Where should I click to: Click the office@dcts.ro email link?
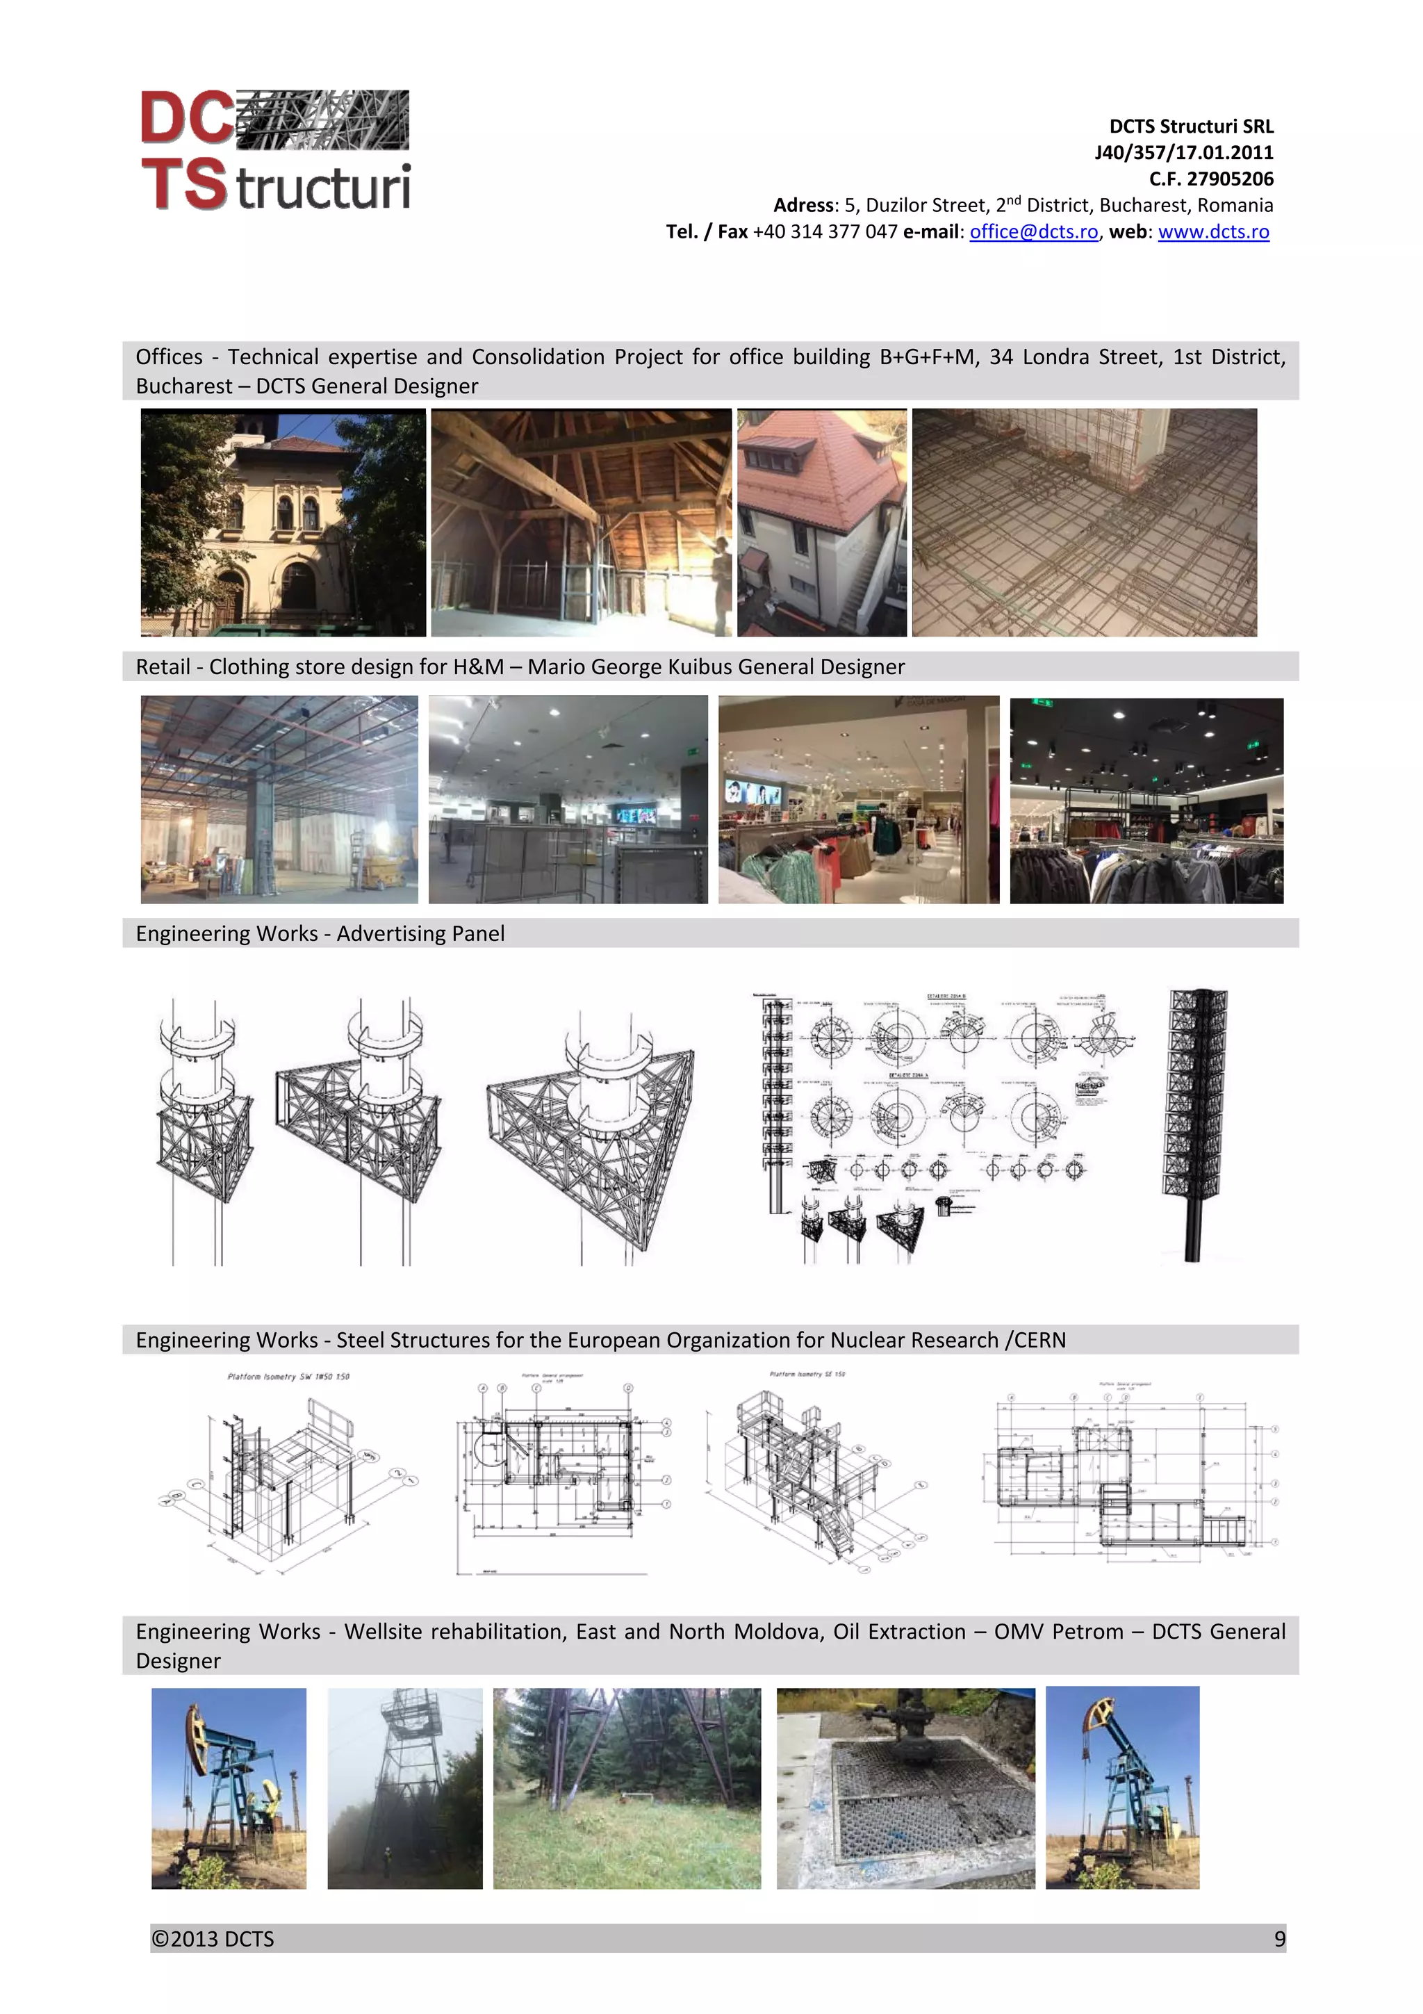[1033, 231]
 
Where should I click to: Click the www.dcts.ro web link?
[1212, 231]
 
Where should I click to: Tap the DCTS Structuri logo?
[275, 150]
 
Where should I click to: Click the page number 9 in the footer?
[1279, 1938]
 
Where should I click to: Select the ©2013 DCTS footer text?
[213, 1938]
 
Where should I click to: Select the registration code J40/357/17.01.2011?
[1184, 153]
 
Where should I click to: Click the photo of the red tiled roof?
[821, 522]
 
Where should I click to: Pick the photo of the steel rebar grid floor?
[1084, 522]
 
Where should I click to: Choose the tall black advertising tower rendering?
[1194, 1124]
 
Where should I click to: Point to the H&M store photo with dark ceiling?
[1146, 801]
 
